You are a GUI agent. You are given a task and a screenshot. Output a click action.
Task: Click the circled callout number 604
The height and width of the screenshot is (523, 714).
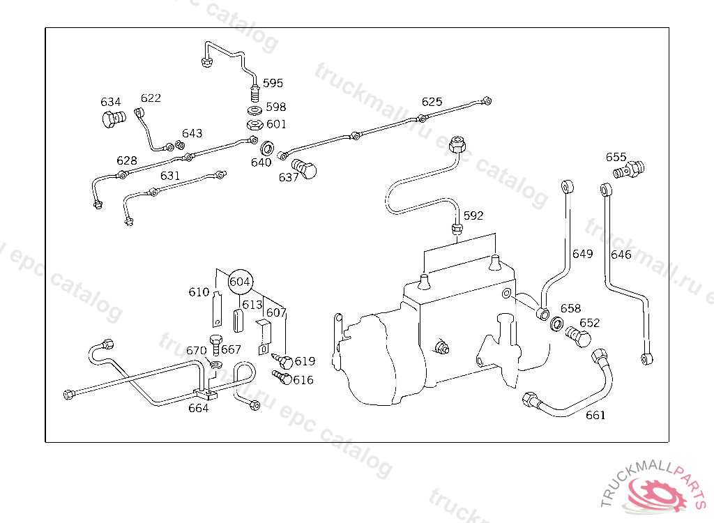point(240,282)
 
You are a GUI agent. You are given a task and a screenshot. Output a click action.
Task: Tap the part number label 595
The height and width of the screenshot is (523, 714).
point(273,83)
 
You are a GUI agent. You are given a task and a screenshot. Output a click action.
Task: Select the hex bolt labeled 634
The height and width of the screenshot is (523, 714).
point(114,119)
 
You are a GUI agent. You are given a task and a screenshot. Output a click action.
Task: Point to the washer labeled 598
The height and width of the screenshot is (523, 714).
point(254,110)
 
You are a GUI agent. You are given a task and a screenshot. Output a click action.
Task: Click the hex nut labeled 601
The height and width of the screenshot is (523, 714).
point(255,124)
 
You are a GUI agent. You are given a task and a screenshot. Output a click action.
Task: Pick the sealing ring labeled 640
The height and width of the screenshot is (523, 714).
point(267,148)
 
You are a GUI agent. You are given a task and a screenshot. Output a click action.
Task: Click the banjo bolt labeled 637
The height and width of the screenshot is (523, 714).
point(304,169)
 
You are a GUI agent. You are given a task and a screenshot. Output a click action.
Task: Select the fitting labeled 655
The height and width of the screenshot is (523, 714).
point(629,169)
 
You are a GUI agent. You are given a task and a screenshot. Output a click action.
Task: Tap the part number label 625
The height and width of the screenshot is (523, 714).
point(432,102)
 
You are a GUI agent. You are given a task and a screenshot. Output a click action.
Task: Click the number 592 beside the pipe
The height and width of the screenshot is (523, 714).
point(473,215)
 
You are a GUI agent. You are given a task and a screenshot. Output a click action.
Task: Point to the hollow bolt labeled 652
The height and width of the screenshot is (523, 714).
point(578,337)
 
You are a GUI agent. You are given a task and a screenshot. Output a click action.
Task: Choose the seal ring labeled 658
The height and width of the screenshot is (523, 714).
point(557,324)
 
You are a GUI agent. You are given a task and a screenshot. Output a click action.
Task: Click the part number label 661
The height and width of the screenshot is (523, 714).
point(595,415)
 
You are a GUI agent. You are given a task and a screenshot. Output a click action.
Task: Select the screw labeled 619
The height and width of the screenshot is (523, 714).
point(283,361)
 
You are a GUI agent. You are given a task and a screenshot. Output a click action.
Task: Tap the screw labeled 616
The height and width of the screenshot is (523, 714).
point(282,378)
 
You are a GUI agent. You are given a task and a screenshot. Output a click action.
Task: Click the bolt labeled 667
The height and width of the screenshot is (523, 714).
point(215,345)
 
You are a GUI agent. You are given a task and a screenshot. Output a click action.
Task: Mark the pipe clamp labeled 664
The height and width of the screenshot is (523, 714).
point(205,393)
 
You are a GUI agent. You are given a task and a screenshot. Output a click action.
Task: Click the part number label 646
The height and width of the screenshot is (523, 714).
point(621,255)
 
